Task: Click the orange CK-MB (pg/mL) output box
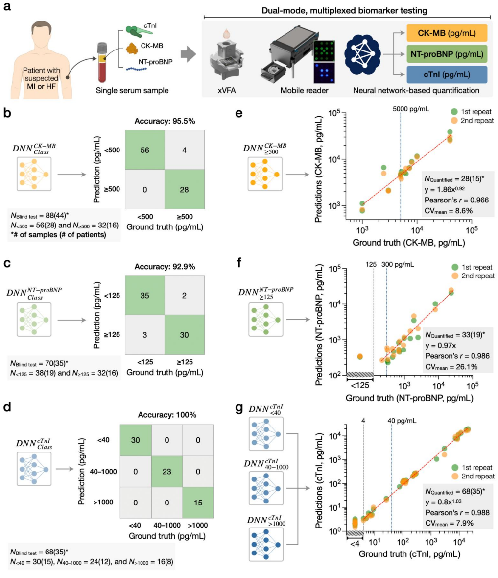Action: pos(447,33)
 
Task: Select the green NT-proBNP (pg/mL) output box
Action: pos(447,54)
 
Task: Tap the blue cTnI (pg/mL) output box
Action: pos(447,75)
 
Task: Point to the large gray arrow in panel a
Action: pos(188,54)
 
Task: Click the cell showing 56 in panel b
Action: pos(144,150)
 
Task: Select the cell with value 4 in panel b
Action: pos(185,150)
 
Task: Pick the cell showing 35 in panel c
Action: pos(144,295)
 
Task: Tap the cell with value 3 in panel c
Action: pos(144,335)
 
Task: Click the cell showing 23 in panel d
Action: pos(167,472)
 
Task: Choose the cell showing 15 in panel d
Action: pos(198,503)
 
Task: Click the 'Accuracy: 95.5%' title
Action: pos(165,121)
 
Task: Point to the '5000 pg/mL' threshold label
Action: pos(411,109)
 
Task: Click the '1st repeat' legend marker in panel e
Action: pos(454,112)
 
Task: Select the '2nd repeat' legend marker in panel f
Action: pos(455,276)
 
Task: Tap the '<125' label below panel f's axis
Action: pos(360,386)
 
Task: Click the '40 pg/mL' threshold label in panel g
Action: pos(402,421)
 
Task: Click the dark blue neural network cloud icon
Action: pos(362,54)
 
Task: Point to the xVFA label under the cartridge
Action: pos(227,91)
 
